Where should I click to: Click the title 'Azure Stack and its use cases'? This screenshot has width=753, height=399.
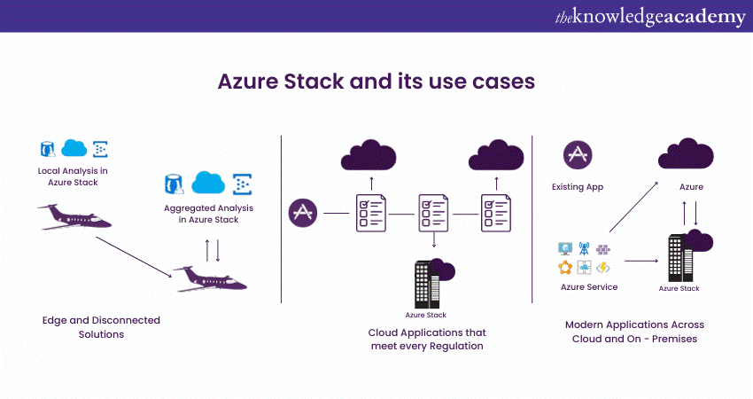376,81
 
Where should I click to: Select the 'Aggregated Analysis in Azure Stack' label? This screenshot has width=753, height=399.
208,213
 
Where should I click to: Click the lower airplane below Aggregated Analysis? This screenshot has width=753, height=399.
210,278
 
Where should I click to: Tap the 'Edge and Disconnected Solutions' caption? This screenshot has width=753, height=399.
101,327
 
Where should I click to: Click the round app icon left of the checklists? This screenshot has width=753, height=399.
303,213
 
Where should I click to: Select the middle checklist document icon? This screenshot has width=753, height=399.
432,213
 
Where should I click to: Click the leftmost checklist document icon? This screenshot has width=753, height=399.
370,213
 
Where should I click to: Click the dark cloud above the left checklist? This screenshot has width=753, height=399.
370,156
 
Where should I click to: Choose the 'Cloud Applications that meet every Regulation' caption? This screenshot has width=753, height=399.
426,339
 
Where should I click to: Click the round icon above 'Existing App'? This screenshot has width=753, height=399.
578,155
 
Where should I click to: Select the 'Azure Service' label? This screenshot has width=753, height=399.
589,287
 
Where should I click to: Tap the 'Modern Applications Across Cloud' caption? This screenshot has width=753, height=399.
634,332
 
